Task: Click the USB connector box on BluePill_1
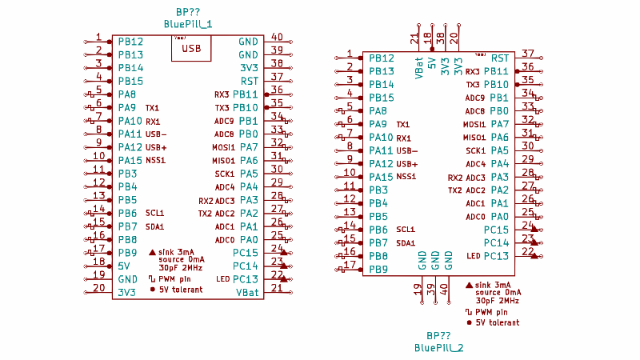(x=191, y=48)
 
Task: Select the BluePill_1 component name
(x=188, y=24)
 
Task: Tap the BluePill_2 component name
(x=439, y=348)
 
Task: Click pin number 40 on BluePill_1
(x=277, y=37)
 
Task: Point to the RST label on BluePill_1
(x=249, y=81)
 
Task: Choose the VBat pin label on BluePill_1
(x=247, y=293)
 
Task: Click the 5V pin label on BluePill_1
(x=124, y=266)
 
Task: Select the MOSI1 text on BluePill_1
(x=223, y=147)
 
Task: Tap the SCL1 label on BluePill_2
(x=406, y=230)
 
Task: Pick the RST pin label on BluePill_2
(x=500, y=58)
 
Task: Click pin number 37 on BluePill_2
(x=528, y=53)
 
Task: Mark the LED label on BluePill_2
(x=473, y=256)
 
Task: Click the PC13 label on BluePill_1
(x=246, y=279)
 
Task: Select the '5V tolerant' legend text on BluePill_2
(x=497, y=322)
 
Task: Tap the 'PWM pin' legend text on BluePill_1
(x=174, y=279)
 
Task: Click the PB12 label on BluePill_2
(x=382, y=58)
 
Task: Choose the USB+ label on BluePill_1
(x=156, y=147)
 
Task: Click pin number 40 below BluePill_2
(x=445, y=289)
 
